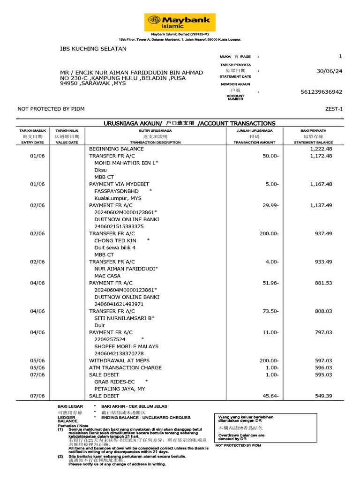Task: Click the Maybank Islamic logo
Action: point(180,22)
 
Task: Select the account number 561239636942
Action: point(321,92)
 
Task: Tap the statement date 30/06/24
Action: point(330,71)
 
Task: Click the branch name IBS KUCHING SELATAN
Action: point(93,49)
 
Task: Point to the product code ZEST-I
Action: point(334,109)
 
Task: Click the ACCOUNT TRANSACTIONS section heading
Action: point(189,123)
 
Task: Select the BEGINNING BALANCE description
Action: point(117,149)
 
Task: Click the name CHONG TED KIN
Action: point(115,240)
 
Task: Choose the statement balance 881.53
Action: point(323,283)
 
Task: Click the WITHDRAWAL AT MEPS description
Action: point(120,360)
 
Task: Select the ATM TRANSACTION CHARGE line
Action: point(125,367)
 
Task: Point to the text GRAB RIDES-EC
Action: point(114,382)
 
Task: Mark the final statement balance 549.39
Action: point(323,396)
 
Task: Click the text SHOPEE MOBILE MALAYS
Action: point(127,346)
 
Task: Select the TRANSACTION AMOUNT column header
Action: point(255,142)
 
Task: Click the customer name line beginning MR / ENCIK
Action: point(132,73)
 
